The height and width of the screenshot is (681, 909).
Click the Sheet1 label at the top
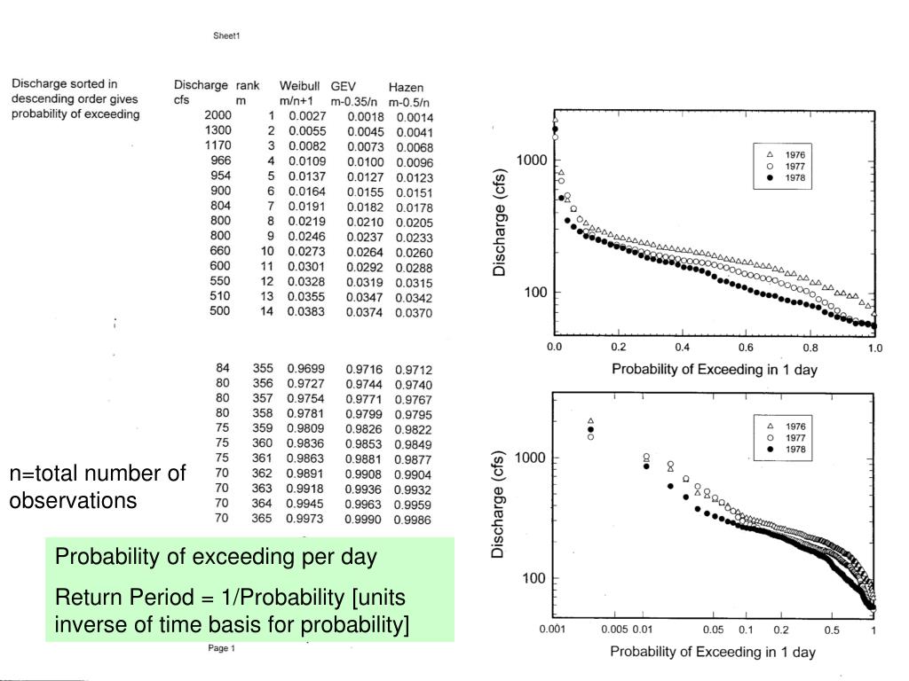(x=226, y=36)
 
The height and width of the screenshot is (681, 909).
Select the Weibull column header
(x=299, y=86)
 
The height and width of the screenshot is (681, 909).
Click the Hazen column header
(x=406, y=87)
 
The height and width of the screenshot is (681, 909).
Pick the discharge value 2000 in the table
(x=217, y=115)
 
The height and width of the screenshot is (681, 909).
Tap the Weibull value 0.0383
(x=307, y=311)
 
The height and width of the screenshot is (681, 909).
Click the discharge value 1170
(x=217, y=145)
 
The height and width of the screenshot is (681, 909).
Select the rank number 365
(x=262, y=518)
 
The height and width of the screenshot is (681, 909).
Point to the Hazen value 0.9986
(x=414, y=519)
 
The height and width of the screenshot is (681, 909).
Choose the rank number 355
(x=262, y=368)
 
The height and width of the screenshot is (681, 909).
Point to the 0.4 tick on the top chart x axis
(x=683, y=348)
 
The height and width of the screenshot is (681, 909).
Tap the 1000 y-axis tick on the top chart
(x=530, y=160)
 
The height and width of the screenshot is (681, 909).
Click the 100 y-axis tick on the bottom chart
(x=534, y=578)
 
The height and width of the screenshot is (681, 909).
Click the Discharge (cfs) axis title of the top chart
(x=501, y=217)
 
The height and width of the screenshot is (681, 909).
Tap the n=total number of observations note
(x=97, y=487)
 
